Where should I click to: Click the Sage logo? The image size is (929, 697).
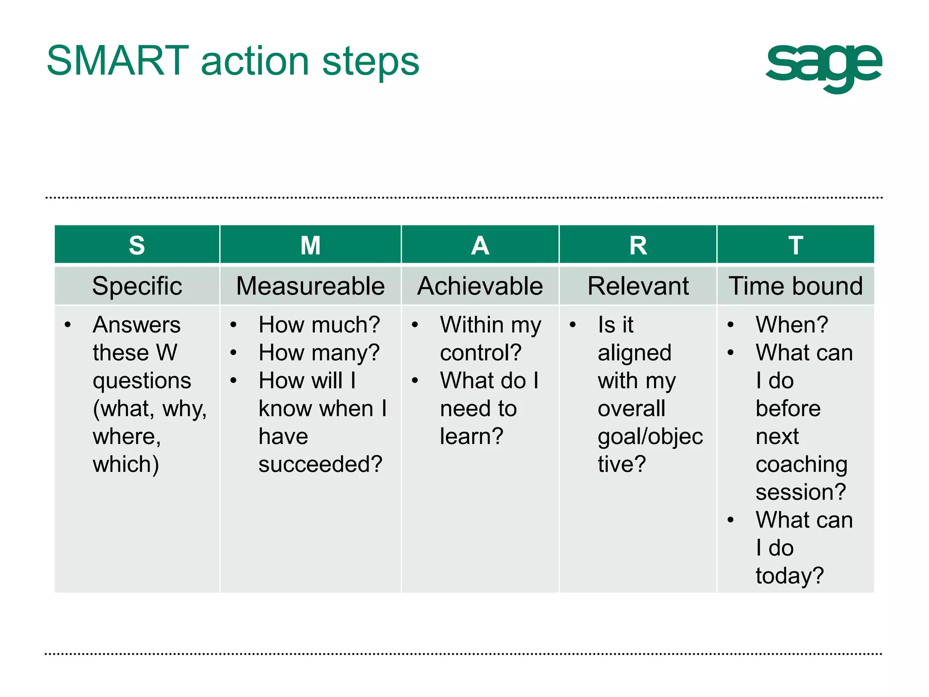823,67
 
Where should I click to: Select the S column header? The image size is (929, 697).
137,245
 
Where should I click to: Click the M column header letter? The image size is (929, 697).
310,245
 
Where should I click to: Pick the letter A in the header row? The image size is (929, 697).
480,245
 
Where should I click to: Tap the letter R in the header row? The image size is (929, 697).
638,245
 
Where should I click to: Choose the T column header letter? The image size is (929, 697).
796,245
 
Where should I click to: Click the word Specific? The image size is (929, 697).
137,286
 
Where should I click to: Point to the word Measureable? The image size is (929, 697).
310,286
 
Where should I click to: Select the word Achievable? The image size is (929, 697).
480,286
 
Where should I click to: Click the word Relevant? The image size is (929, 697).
638,286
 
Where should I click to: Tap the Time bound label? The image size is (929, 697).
796,286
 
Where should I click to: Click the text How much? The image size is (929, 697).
319,325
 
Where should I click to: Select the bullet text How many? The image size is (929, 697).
319,353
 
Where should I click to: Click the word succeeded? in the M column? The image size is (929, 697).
320,464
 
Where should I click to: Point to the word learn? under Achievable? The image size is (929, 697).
471,437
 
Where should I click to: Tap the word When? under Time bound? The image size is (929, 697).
792,325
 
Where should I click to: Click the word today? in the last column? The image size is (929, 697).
789,576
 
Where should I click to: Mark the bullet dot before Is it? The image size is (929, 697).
573,325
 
